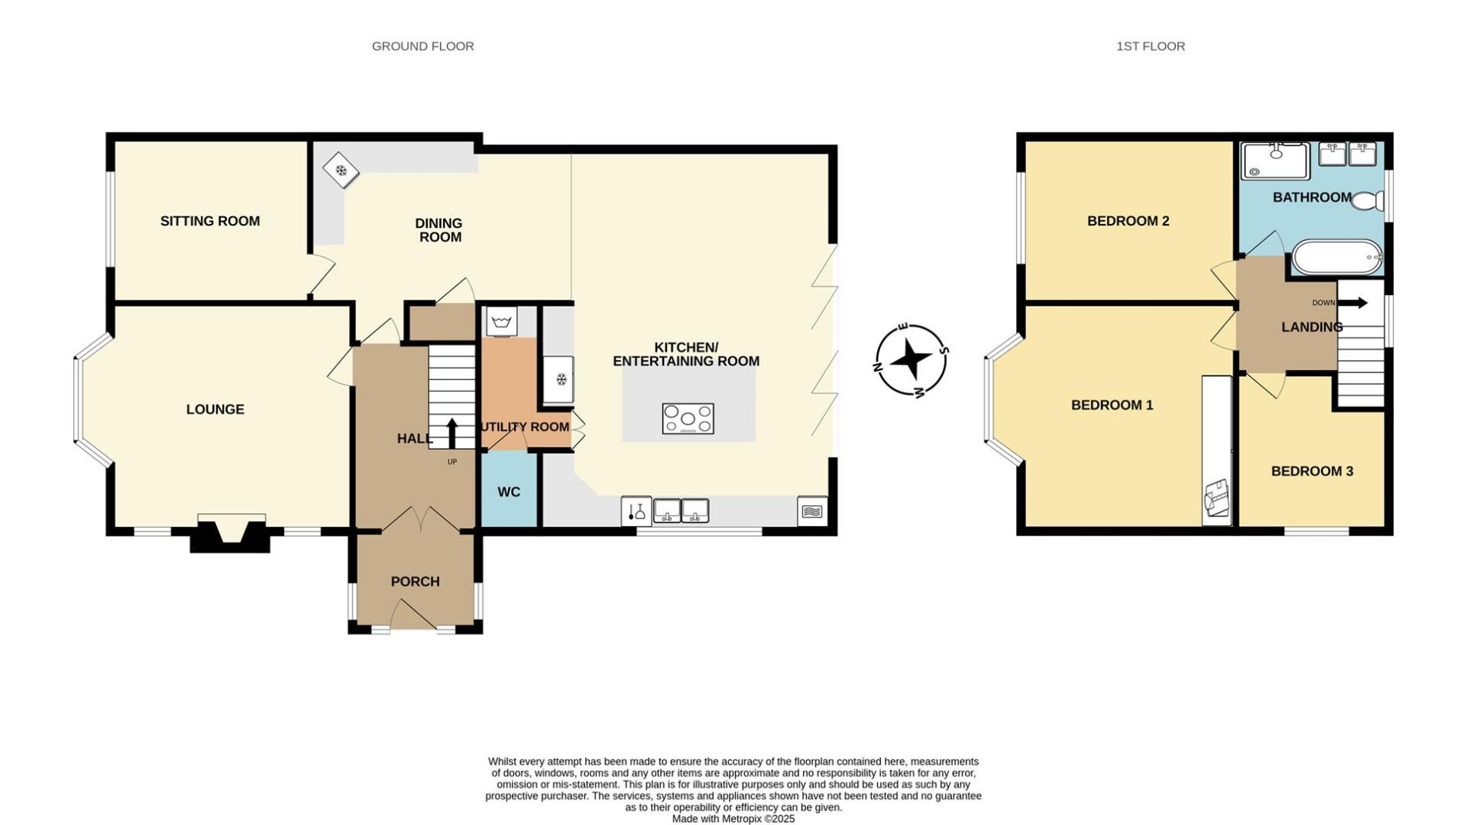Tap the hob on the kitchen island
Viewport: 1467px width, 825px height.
point(688,419)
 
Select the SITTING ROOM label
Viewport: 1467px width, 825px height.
point(210,221)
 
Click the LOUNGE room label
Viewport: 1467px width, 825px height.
point(215,409)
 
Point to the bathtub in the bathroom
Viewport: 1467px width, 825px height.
point(1337,257)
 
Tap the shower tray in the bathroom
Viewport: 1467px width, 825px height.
point(1276,161)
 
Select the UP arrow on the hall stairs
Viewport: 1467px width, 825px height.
point(452,433)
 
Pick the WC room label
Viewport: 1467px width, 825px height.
point(509,492)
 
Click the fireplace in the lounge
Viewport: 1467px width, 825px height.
point(231,533)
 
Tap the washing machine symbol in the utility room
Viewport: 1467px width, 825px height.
point(502,321)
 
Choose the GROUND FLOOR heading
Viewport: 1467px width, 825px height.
point(423,46)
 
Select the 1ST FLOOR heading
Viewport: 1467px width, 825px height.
point(1150,46)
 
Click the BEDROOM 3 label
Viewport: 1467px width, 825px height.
point(1312,471)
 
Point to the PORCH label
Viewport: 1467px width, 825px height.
point(415,582)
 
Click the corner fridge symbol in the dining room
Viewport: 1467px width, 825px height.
point(340,170)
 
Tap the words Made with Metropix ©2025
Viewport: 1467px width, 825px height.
point(733,819)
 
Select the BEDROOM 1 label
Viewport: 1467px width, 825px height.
point(1112,405)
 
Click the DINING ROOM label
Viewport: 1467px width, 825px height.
point(439,230)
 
